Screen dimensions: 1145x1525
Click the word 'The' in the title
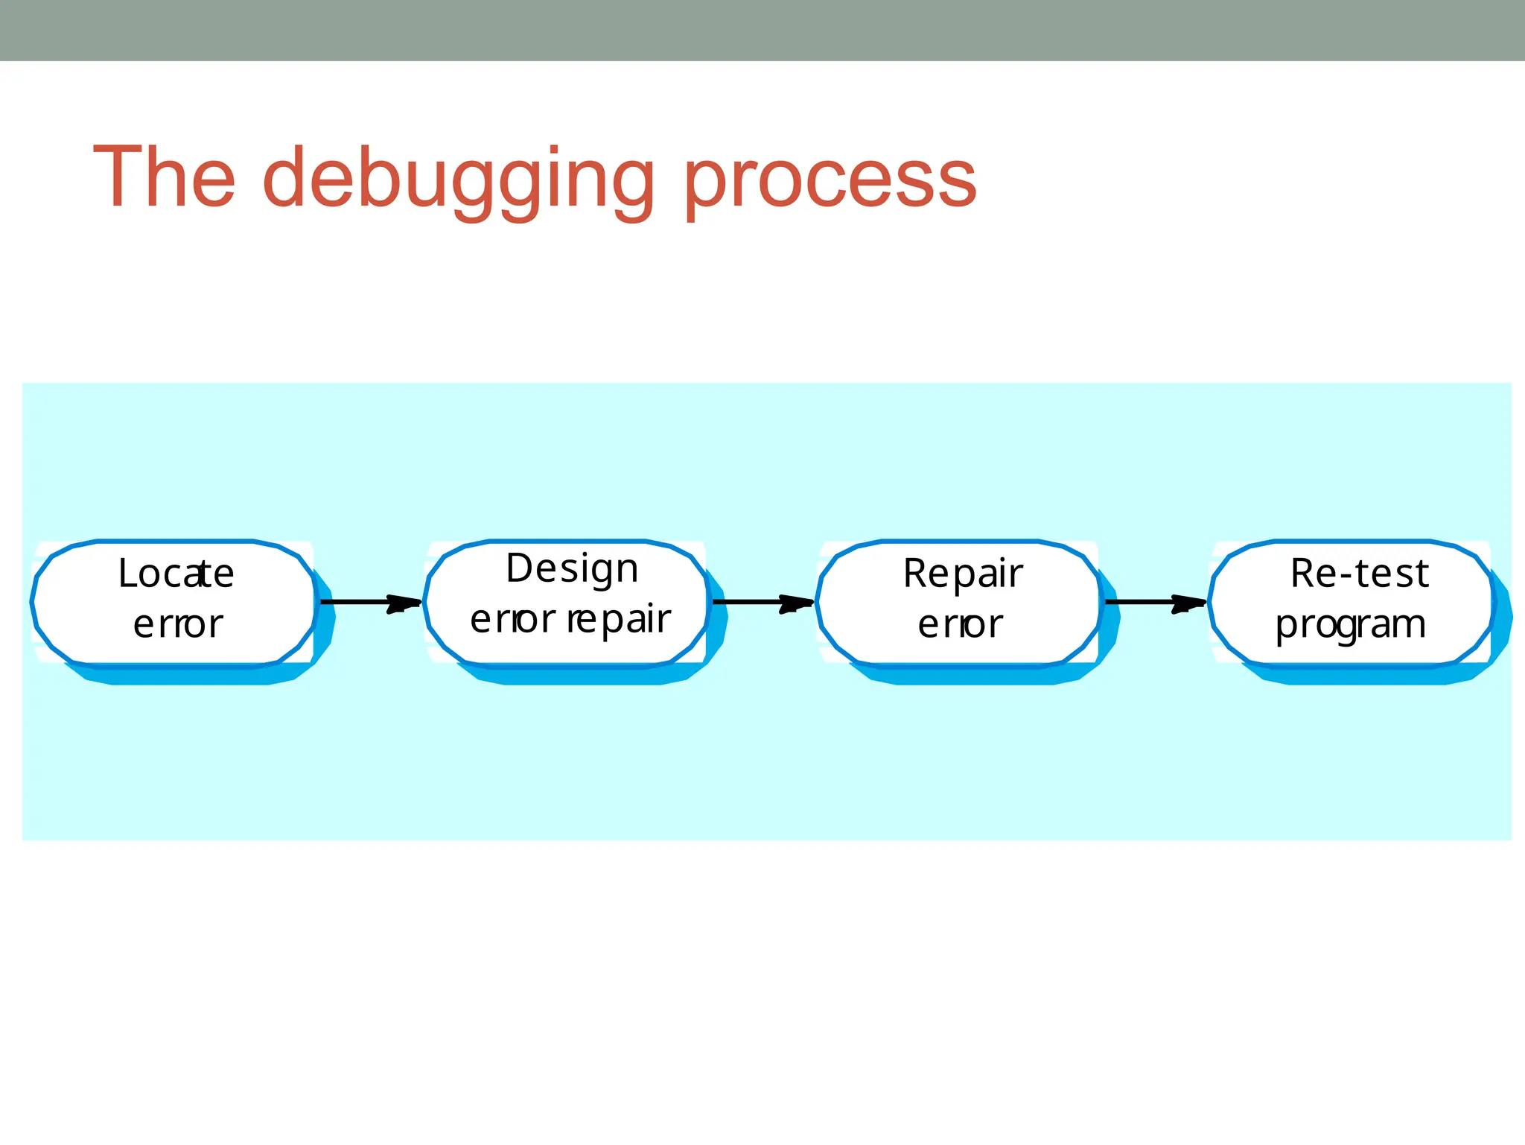click(x=165, y=177)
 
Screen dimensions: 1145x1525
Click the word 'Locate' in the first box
click(x=176, y=574)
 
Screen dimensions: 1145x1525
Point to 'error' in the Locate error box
click(x=178, y=624)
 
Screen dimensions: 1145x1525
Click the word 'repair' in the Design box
click(x=619, y=620)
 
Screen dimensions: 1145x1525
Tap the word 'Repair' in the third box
click(x=963, y=574)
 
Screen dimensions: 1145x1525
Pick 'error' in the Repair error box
click(x=960, y=624)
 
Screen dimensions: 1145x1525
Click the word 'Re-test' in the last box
click(x=1359, y=574)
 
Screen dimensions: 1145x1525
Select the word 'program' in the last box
click(x=1350, y=625)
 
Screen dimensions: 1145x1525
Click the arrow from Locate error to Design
click(x=365, y=601)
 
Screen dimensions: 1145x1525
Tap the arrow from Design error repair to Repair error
click(x=758, y=601)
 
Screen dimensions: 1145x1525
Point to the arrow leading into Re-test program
click(x=1150, y=601)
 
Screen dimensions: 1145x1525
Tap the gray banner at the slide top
click(x=762, y=30)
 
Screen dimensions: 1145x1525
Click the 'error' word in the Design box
click(x=512, y=620)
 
